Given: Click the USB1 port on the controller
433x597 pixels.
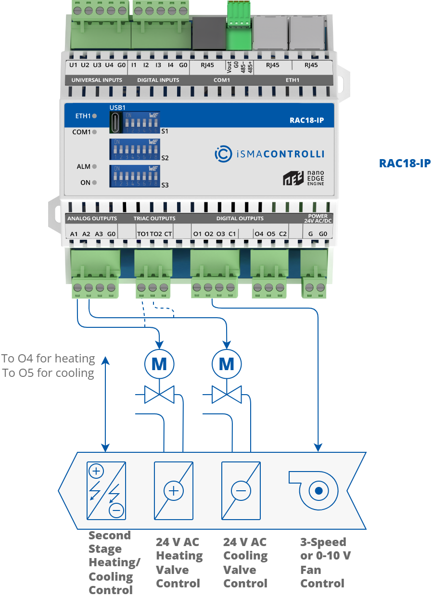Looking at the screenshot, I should pos(115,123).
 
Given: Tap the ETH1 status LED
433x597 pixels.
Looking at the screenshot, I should pos(94,116).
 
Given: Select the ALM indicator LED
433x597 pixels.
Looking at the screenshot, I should pos(94,166).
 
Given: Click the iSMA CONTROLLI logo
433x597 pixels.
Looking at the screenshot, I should pos(269,154).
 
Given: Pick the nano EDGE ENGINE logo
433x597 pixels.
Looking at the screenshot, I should pos(303,177).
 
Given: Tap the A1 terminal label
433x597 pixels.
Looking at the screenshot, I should pos(74,234).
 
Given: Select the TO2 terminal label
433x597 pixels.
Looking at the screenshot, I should pos(156,234).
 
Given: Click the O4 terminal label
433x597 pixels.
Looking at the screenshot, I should pos(259,234).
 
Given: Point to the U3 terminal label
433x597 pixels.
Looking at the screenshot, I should pos(97,65).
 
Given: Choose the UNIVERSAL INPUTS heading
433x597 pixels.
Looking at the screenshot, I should pos(97,80).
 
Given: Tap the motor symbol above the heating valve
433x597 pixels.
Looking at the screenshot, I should pos(159,364).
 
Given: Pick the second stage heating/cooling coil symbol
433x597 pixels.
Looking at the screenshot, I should pos(106,490).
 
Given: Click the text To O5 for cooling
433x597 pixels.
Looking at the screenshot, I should pos(48,373).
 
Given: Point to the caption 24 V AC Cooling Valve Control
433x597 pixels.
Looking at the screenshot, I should pos(245,562).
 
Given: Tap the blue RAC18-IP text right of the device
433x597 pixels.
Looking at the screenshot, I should pos(405,163).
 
